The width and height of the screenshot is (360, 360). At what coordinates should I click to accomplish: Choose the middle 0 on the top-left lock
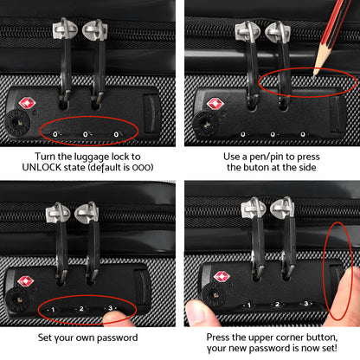(x=87, y=133)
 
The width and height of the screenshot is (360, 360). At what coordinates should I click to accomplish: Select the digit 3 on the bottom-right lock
(x=304, y=305)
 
